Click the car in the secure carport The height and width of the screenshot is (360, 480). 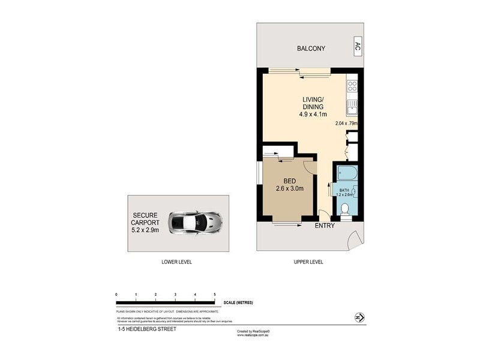(196, 223)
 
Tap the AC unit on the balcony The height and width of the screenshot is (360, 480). (358, 46)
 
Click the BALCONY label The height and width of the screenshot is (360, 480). (311, 49)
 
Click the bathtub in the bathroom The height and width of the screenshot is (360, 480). (347, 175)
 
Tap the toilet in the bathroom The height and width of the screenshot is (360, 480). (344, 209)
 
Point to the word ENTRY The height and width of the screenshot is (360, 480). (325, 226)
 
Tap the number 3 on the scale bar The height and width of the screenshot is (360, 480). (175, 295)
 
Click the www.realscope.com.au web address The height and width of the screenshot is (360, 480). (254, 335)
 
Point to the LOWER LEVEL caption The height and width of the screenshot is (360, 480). (177, 262)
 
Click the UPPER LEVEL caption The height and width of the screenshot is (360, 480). (308, 262)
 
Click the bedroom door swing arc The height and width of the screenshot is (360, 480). (307, 168)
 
